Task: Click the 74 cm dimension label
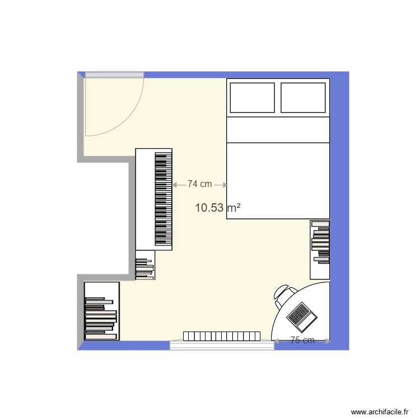pos(199,184)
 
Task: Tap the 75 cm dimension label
pos(302,340)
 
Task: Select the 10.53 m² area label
pos(218,208)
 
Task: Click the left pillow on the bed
pos(252,97)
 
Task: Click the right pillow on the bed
pos(303,97)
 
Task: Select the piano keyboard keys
pos(163,199)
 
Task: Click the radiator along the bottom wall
pos(222,336)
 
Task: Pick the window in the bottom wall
pos(222,346)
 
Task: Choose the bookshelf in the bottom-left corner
pos(101,311)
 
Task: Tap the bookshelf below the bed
pos(320,249)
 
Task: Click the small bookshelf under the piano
pos(145,269)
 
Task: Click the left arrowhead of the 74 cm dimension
pos(175,184)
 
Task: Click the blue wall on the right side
pos(339,207)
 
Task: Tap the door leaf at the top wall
pos(114,74)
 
